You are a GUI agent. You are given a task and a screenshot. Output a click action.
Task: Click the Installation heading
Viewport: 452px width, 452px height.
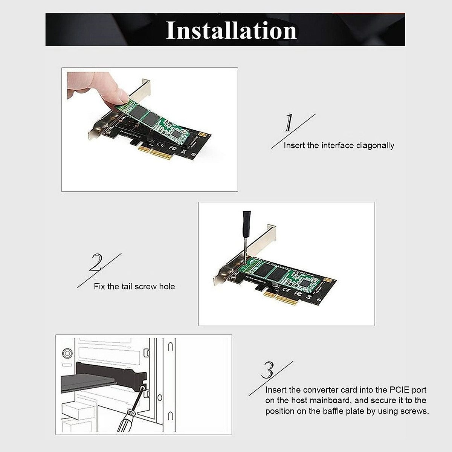(231, 31)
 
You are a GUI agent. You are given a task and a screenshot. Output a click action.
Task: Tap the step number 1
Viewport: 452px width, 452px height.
(289, 123)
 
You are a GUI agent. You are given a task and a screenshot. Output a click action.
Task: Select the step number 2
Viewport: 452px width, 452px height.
(96, 263)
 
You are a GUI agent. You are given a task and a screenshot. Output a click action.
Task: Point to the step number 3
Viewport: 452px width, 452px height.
(267, 370)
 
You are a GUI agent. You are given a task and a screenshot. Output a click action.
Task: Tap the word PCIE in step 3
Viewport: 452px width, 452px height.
(395, 390)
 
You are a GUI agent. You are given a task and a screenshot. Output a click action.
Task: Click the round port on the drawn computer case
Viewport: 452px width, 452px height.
(67, 353)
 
